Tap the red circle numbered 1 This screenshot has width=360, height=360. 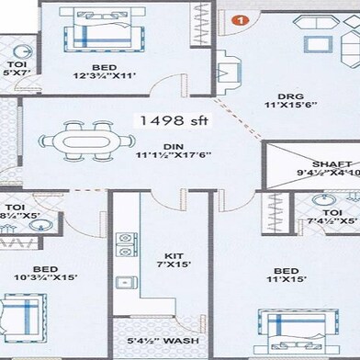(240, 18)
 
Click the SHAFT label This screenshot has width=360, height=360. (315, 164)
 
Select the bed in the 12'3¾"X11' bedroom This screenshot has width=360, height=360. (97, 33)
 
